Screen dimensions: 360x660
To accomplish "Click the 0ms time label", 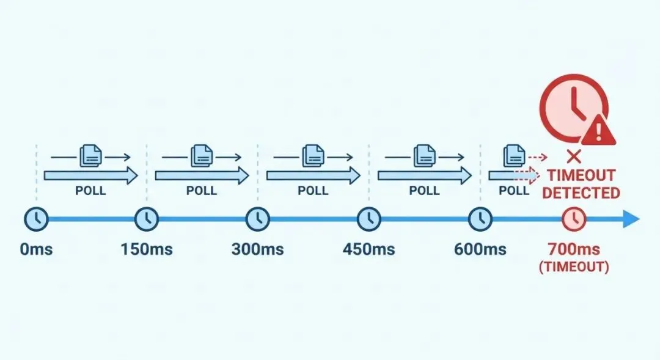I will point(36,249).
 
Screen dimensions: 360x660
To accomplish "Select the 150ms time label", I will point(147,249).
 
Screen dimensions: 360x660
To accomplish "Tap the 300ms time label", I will point(257,249).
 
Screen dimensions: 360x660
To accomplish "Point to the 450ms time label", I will point(369,249).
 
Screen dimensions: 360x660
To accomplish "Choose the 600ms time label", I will point(480,249).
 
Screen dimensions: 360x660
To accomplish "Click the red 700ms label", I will point(573,249).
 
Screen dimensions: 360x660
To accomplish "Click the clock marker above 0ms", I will point(36,218).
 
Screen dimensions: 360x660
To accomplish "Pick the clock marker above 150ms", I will point(147,218).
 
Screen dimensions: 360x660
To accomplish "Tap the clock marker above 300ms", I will point(258,218).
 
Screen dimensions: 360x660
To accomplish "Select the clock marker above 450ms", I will point(369,218).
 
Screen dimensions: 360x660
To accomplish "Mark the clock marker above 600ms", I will point(480,218).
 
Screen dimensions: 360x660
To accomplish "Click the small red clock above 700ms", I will point(574,218).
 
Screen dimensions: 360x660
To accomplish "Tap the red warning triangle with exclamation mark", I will point(598,130).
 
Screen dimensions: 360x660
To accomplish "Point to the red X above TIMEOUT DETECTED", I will point(573,154).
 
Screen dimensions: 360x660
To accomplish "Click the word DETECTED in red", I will point(581,193).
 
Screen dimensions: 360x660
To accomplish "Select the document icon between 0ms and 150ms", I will point(89,156).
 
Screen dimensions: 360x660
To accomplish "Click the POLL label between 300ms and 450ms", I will point(313,191).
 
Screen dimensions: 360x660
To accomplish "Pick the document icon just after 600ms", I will point(514,156).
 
